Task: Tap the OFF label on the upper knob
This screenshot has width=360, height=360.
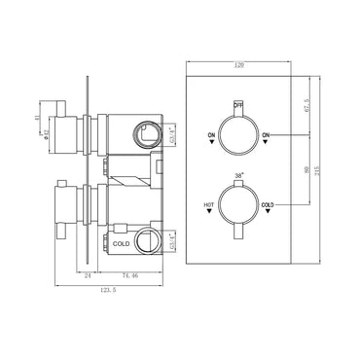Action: [238, 102]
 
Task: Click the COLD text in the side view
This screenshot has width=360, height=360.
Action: [122, 243]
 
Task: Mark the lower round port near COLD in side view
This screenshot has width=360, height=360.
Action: [147, 238]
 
